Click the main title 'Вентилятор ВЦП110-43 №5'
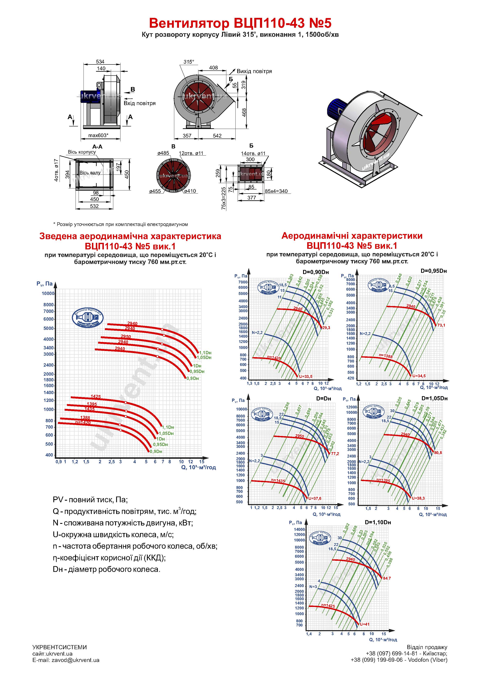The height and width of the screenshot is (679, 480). point(240,23)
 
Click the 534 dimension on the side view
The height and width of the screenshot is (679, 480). point(100,62)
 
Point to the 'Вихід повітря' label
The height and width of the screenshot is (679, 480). point(254,71)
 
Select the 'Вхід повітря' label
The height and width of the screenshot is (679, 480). point(140,103)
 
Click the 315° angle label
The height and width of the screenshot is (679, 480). point(189,62)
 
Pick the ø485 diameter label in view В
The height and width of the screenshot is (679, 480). point(163,153)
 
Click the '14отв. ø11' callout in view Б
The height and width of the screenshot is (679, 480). point(253,154)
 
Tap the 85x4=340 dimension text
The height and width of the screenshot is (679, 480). point(276,191)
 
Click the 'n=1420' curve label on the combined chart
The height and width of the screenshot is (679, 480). point(83,422)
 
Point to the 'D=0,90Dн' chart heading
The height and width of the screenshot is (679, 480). point(316,272)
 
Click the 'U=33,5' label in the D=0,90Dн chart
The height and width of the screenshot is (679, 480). point(306,376)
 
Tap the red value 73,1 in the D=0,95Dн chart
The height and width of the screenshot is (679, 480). point(441,325)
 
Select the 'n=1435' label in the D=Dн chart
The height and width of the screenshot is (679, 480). point(278,481)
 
